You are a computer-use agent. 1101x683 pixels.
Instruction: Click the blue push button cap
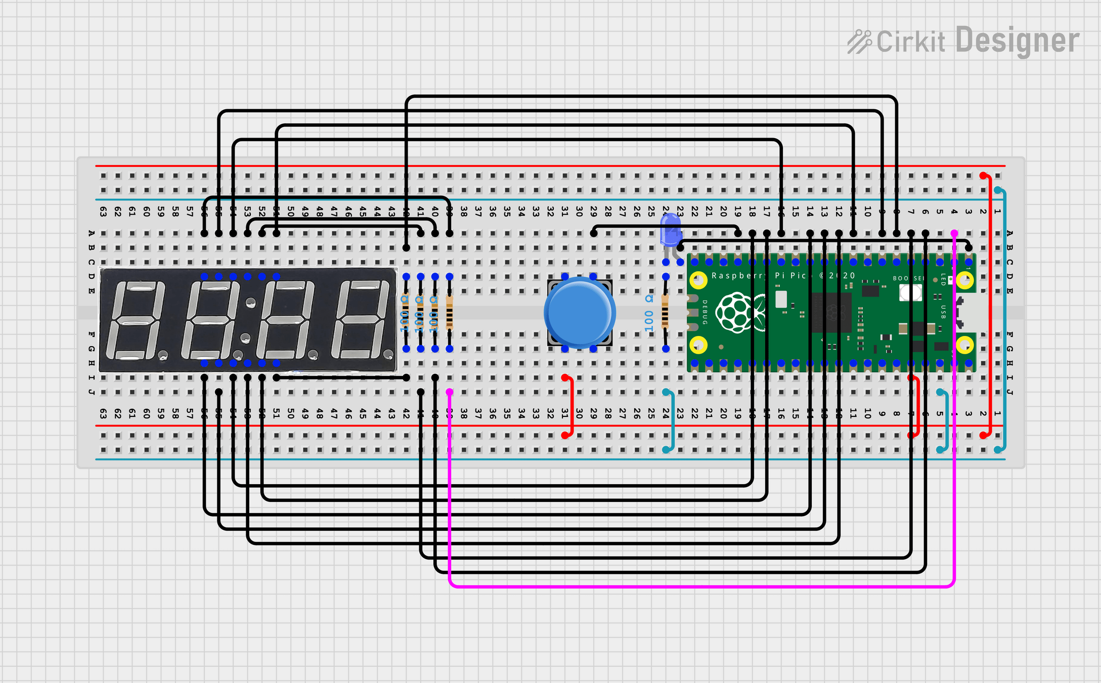[580, 313]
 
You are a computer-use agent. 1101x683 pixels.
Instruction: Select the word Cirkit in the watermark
[910, 41]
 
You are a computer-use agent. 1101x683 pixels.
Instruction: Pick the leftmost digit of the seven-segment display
[134, 320]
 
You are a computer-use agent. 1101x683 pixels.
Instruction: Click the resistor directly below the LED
[666, 313]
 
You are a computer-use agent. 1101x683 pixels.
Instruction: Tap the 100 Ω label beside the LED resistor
[649, 314]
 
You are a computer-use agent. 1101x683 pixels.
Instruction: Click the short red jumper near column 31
[571, 406]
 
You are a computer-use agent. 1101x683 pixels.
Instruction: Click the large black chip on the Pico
[831, 312]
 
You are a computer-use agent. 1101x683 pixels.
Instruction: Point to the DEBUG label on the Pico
[704, 313]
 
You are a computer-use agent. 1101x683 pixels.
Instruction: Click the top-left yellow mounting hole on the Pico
[698, 280]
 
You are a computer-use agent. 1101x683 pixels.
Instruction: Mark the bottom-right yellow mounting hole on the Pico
[964, 346]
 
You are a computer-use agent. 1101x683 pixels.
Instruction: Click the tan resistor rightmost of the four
[450, 313]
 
